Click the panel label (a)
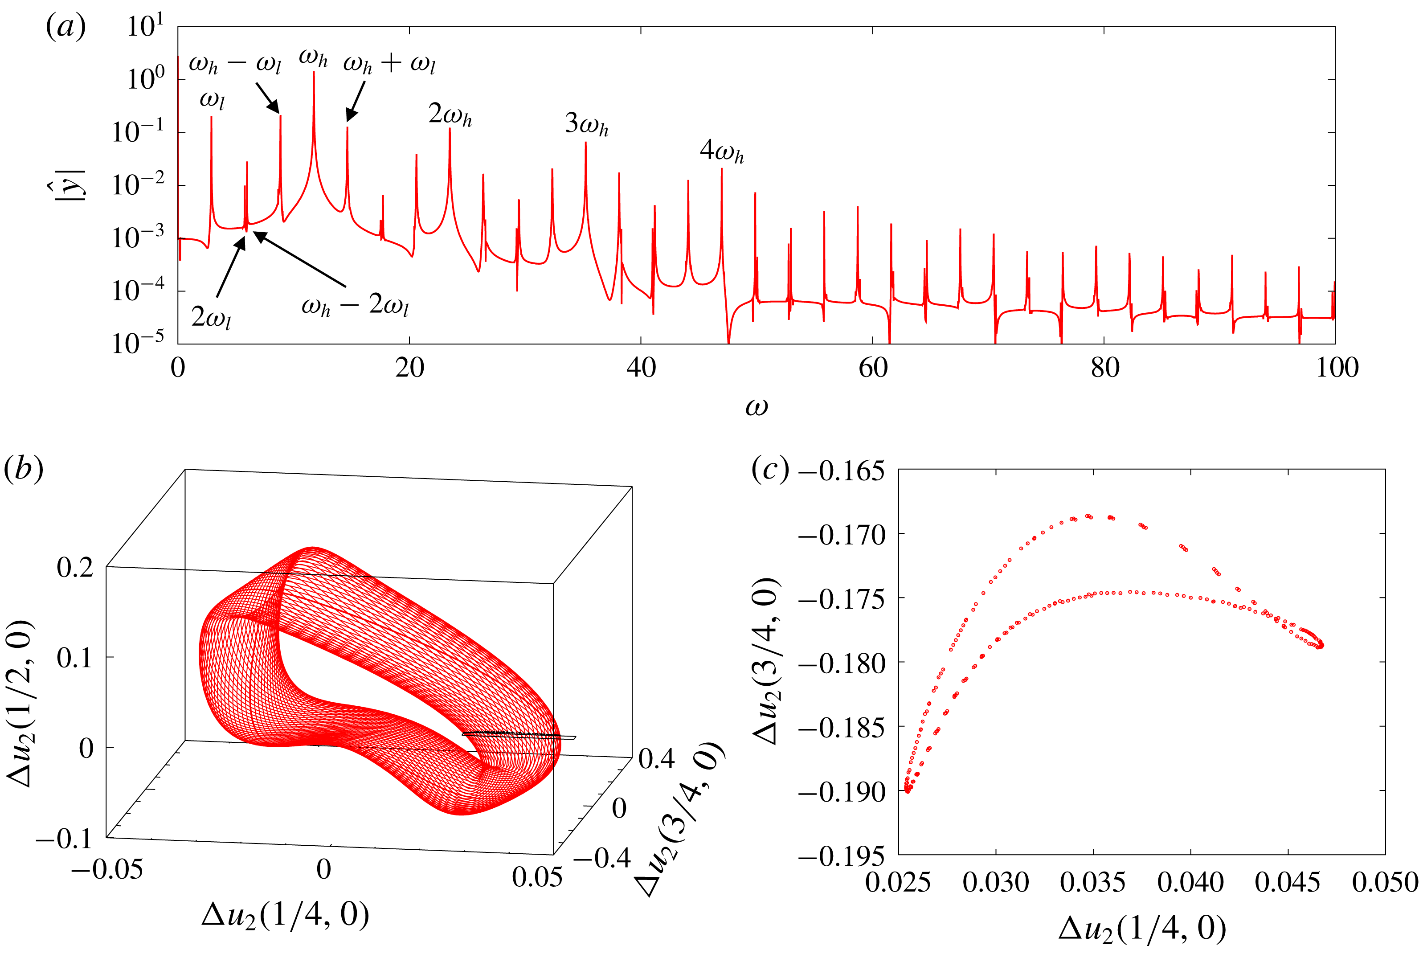click(x=65, y=27)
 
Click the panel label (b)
click(x=23, y=469)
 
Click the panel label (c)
click(x=770, y=469)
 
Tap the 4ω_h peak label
click(x=721, y=150)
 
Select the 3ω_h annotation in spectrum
click(x=586, y=124)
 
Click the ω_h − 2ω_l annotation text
click(x=355, y=305)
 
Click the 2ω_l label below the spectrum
click(x=211, y=317)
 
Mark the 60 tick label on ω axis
click(x=873, y=368)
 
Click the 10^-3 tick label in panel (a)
click(x=138, y=237)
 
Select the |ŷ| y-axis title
click(x=71, y=184)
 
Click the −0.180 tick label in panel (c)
click(x=841, y=663)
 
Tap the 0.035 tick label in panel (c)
click(x=1093, y=882)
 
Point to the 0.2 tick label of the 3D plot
click(x=75, y=567)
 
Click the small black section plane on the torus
click(x=518, y=736)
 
